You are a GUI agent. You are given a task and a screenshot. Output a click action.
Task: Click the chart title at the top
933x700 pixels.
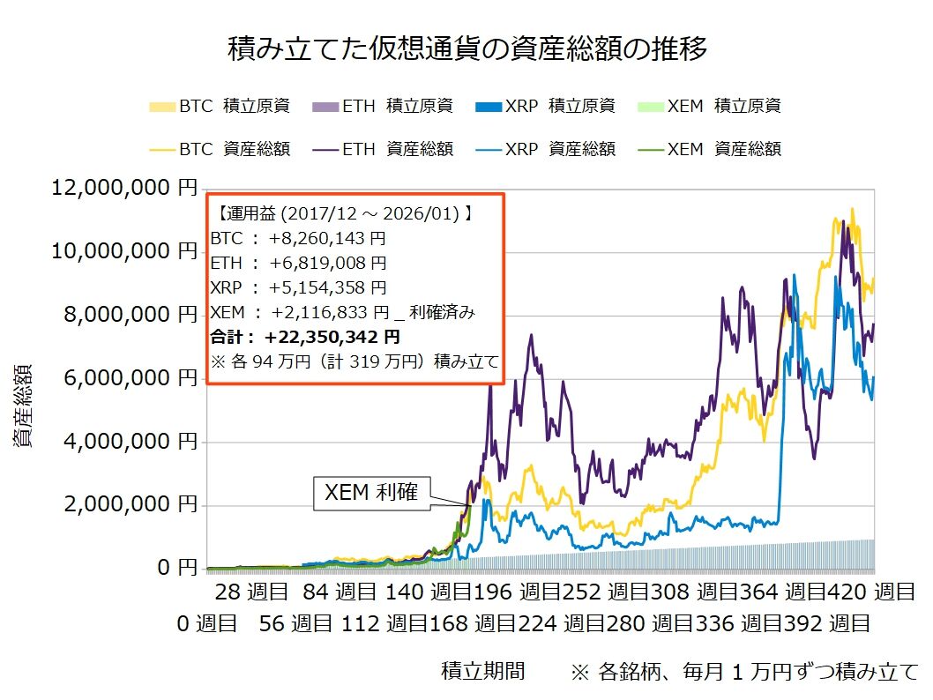click(466, 49)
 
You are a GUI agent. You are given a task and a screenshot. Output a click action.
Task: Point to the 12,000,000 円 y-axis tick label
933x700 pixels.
click(123, 188)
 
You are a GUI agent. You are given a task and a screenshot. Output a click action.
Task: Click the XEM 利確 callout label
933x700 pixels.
click(372, 494)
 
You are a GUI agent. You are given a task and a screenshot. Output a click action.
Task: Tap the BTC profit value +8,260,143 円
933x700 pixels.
click(328, 238)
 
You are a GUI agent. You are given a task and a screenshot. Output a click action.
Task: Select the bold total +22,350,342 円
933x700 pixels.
click(332, 337)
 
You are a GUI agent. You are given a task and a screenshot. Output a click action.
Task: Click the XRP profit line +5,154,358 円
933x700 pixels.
click(328, 287)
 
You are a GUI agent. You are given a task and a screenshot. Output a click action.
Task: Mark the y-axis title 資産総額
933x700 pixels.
click(24, 405)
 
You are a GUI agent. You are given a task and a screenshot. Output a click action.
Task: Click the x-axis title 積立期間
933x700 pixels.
click(482, 672)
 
